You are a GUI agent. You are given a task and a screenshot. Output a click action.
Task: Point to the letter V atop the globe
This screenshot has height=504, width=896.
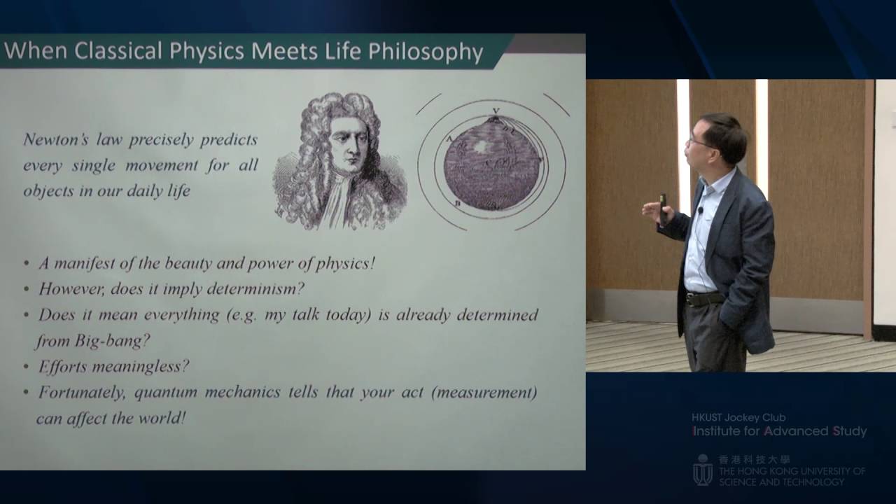pyautogui.click(x=496, y=111)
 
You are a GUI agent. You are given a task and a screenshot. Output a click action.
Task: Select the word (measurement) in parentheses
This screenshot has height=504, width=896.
pyautogui.click(x=484, y=392)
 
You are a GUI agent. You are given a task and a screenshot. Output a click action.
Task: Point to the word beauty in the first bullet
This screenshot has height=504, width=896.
pyautogui.click(x=190, y=263)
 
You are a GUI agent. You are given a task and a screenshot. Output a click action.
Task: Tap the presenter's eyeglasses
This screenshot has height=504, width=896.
pyautogui.click(x=698, y=142)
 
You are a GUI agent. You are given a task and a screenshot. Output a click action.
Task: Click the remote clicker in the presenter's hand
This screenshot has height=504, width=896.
pyautogui.click(x=662, y=208)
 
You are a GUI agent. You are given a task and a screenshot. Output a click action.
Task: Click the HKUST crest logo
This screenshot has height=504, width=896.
pyautogui.click(x=702, y=470)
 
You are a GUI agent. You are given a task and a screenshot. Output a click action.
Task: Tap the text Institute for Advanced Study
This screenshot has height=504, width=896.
pyautogui.click(x=779, y=431)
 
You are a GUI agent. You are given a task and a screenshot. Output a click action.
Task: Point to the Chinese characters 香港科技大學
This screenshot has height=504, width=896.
pyautogui.click(x=755, y=459)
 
